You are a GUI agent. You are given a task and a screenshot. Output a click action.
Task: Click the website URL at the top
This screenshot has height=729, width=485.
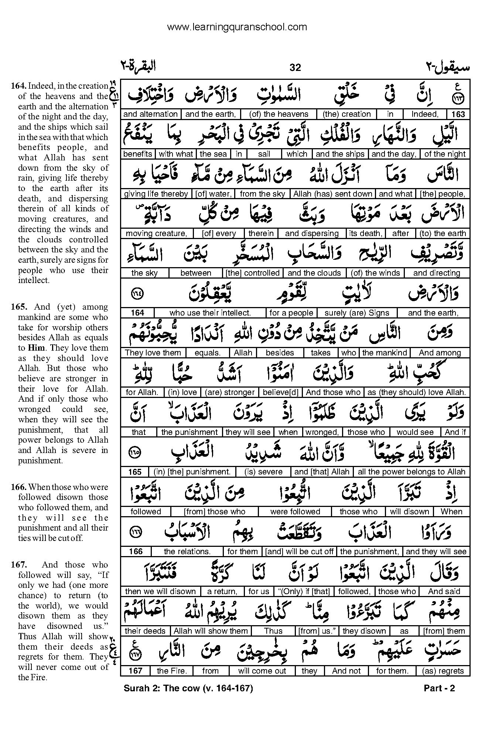(x=237, y=27)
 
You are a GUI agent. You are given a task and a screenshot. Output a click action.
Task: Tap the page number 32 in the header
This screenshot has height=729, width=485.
(x=296, y=67)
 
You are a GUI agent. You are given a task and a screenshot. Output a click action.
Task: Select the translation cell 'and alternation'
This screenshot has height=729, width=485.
(x=150, y=114)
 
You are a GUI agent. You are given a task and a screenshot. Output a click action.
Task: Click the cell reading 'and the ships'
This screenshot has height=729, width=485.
(x=340, y=154)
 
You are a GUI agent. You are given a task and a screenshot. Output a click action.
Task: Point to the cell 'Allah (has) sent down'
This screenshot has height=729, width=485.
(x=333, y=194)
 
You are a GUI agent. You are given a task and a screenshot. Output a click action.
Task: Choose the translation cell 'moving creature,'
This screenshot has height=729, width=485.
(x=156, y=234)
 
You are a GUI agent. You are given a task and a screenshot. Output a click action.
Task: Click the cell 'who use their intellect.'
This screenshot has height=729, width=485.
(x=210, y=313)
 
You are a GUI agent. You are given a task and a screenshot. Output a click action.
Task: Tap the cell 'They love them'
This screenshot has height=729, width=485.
(x=153, y=353)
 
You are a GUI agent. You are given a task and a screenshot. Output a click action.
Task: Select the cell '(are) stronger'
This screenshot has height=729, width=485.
(x=229, y=392)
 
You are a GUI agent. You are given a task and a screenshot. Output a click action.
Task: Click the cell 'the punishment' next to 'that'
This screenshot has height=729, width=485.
(x=189, y=432)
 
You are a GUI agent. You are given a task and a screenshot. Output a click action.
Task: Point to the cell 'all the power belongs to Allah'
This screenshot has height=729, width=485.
(x=411, y=472)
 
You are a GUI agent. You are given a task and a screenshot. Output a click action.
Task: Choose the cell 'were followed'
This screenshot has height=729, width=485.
(x=295, y=512)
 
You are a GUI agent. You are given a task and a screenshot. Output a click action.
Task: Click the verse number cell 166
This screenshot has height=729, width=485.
(x=136, y=552)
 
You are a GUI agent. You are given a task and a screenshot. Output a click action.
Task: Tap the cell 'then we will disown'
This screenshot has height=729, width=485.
(x=160, y=591)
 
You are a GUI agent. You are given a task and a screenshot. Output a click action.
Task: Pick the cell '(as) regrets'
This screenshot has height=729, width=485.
(x=443, y=671)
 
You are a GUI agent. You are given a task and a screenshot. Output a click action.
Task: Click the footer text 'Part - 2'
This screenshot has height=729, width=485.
(x=439, y=688)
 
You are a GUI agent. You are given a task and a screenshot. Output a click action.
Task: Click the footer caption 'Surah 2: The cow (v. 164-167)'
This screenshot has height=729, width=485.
(x=188, y=688)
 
